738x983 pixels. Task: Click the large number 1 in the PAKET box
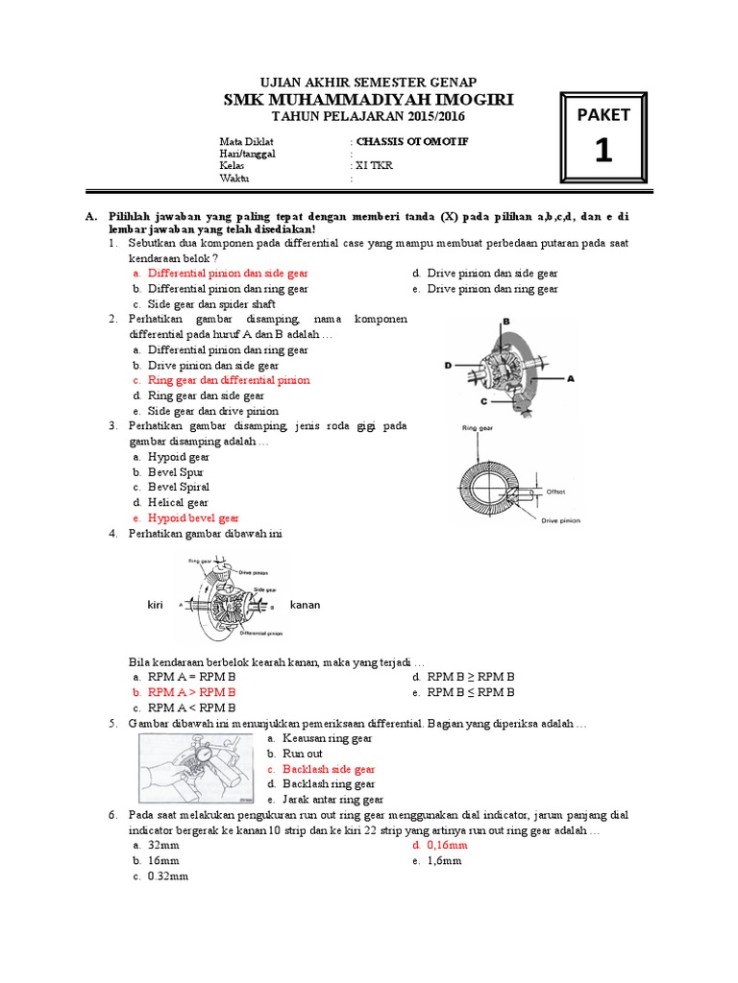coord(603,152)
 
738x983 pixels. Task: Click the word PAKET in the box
coord(603,115)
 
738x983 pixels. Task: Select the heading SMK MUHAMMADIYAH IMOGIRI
coord(368,100)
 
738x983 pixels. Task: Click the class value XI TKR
coord(375,165)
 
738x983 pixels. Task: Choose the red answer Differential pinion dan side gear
coord(228,274)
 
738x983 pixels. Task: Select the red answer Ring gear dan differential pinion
coord(229,380)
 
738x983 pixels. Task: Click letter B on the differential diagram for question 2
coord(505,322)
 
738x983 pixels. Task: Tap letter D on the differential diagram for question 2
coord(448,365)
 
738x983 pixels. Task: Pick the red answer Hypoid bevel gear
coord(193,517)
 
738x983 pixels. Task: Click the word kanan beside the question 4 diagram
coord(305,605)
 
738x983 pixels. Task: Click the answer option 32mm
coord(164,846)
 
